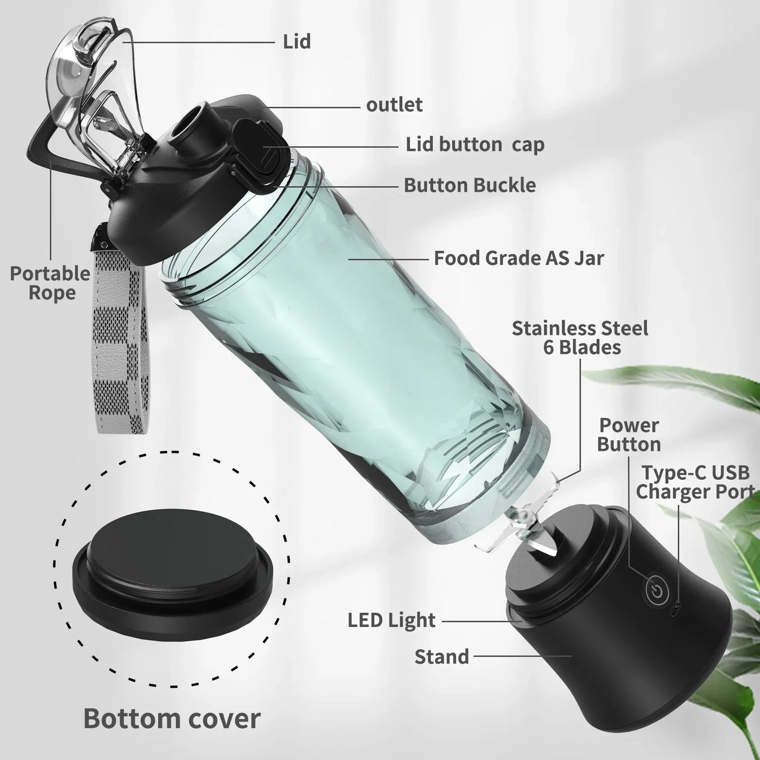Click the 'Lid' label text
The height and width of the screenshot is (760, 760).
pos(297,42)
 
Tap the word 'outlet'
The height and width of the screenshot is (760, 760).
pos(394,105)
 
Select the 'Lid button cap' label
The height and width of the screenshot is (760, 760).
pos(474,144)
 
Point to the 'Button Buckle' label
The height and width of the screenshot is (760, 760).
pos(470,185)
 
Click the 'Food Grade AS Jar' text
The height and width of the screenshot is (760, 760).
pos(519,258)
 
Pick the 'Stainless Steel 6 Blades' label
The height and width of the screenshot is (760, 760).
pos(580,338)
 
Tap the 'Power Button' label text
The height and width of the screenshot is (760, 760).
pos(629,434)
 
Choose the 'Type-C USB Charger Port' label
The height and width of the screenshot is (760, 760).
pos(694,482)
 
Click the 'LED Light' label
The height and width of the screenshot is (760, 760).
pos(391,620)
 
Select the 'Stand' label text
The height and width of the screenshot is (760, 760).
pos(441,656)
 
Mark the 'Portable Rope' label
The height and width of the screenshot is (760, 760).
pos(50,283)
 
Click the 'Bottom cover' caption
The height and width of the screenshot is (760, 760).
pos(171,718)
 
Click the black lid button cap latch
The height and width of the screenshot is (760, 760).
pos(258,147)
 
